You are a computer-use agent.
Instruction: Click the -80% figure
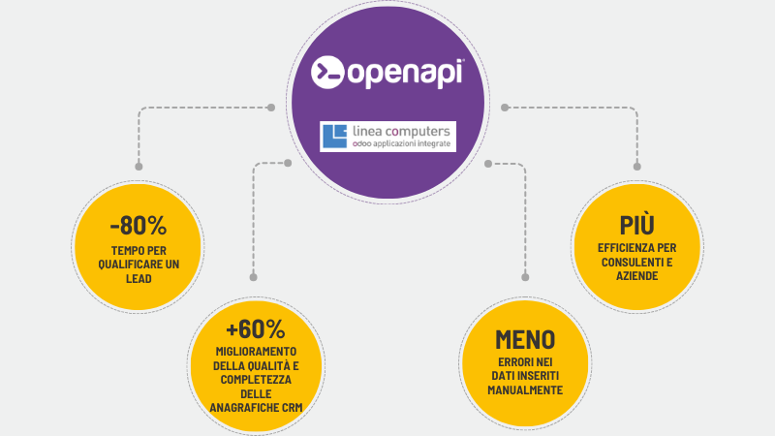point(139,227)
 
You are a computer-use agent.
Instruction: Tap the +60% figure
point(256,327)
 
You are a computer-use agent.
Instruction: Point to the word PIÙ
point(636,226)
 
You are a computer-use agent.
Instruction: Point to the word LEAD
point(139,278)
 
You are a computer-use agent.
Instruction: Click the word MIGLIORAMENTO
point(256,350)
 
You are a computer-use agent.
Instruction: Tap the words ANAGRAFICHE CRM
point(256,408)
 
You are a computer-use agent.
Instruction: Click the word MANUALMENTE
point(525,390)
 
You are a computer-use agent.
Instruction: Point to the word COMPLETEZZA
point(256,379)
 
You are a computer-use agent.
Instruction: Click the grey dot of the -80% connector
point(271,107)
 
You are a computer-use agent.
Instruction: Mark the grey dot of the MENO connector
point(489,162)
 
